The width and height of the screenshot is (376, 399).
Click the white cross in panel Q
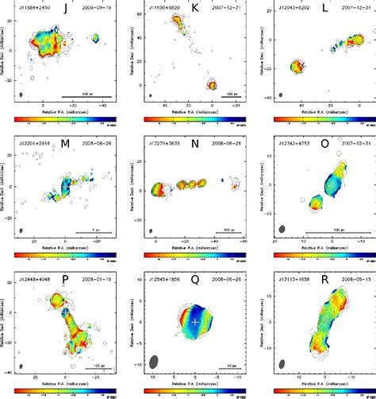click(195, 321)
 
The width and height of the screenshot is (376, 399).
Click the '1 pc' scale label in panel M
click(96, 230)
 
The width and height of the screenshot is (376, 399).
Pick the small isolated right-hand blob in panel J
click(96, 38)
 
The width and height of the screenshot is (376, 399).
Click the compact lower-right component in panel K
click(212, 83)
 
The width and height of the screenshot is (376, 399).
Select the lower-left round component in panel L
click(298, 67)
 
